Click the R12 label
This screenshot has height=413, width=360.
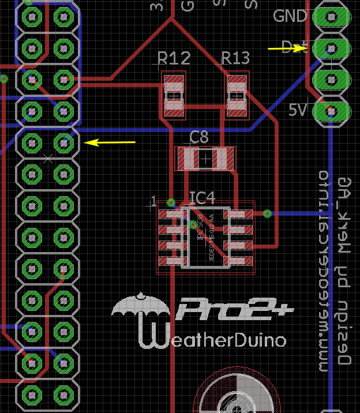click(x=174, y=58)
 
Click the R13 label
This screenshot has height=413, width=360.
click(x=235, y=58)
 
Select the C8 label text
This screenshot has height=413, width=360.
click(x=199, y=137)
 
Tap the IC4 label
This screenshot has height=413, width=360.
click(x=202, y=199)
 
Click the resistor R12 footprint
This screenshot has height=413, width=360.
click(x=174, y=95)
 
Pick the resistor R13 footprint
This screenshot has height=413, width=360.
click(x=237, y=95)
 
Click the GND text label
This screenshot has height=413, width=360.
click(x=290, y=16)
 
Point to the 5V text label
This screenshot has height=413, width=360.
click(x=298, y=110)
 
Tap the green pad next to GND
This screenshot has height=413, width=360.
click(x=332, y=17)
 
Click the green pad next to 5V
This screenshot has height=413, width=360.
click(x=332, y=110)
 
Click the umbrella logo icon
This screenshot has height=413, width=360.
click(x=140, y=307)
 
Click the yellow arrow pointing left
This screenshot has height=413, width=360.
click(x=109, y=142)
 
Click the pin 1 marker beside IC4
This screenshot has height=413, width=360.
click(x=153, y=201)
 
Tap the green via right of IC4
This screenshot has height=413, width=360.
click(x=267, y=213)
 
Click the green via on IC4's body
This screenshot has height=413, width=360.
click(x=193, y=225)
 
